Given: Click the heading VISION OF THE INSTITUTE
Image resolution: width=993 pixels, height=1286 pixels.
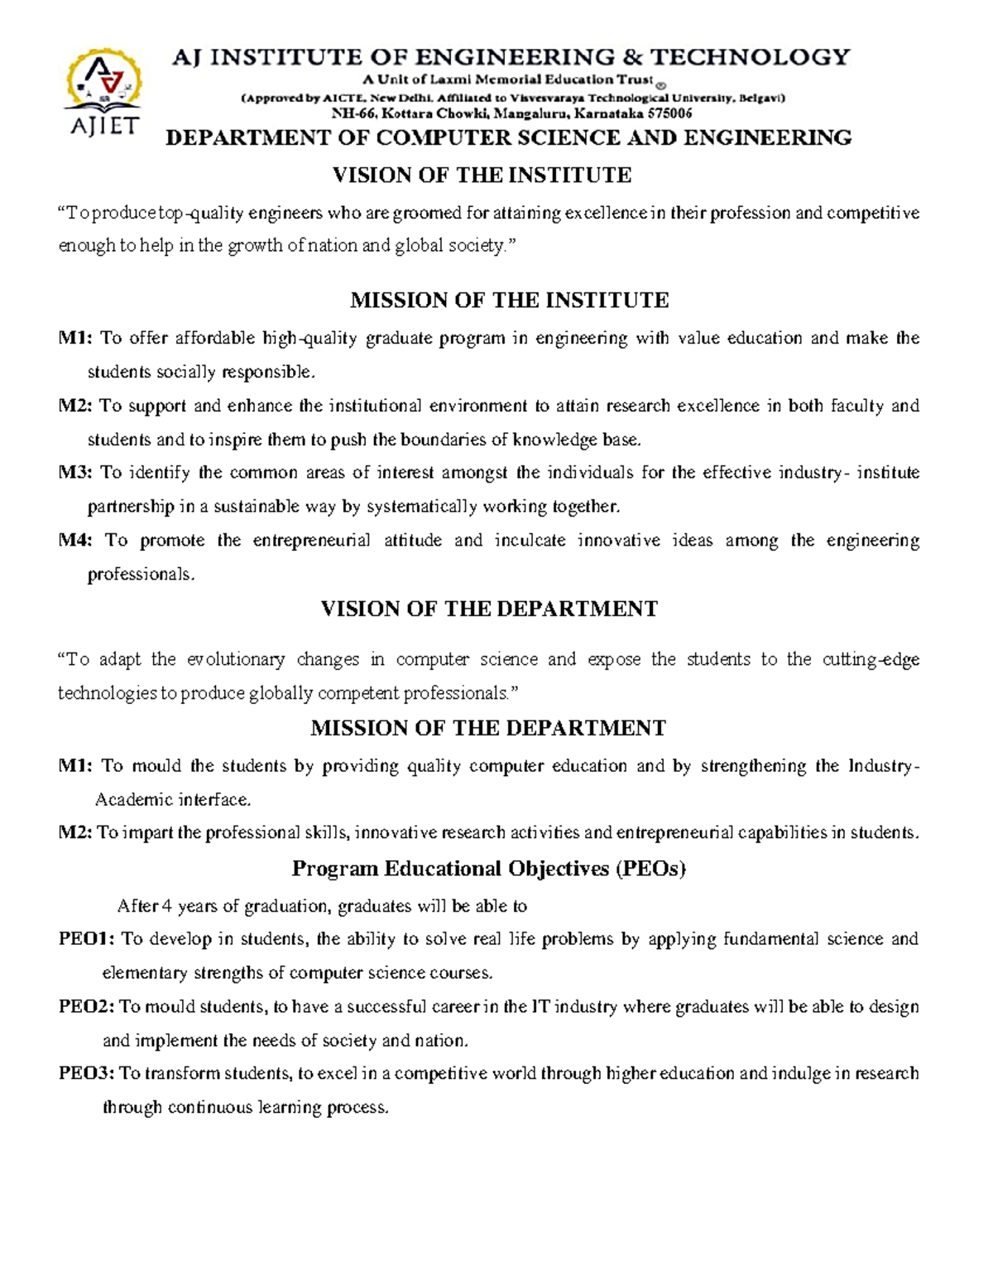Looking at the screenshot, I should click(482, 176).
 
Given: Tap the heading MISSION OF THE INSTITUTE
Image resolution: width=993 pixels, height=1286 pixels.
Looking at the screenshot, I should click(509, 300).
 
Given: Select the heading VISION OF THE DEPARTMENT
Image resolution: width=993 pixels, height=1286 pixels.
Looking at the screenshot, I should click(488, 609).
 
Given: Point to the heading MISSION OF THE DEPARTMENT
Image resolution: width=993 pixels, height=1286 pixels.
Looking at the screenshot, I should click(487, 729).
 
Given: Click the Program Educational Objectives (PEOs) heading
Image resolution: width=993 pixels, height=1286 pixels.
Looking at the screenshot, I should click(489, 869).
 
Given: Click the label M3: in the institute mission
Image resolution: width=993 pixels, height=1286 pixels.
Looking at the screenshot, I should click(76, 473).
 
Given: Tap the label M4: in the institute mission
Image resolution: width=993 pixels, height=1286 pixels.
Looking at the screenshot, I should click(76, 541).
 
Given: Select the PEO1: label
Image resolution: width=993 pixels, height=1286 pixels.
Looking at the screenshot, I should click(86, 939).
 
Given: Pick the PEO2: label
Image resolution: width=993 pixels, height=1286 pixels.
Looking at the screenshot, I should click(86, 1007).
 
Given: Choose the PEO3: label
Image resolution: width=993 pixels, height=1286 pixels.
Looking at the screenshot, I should click(86, 1074).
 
